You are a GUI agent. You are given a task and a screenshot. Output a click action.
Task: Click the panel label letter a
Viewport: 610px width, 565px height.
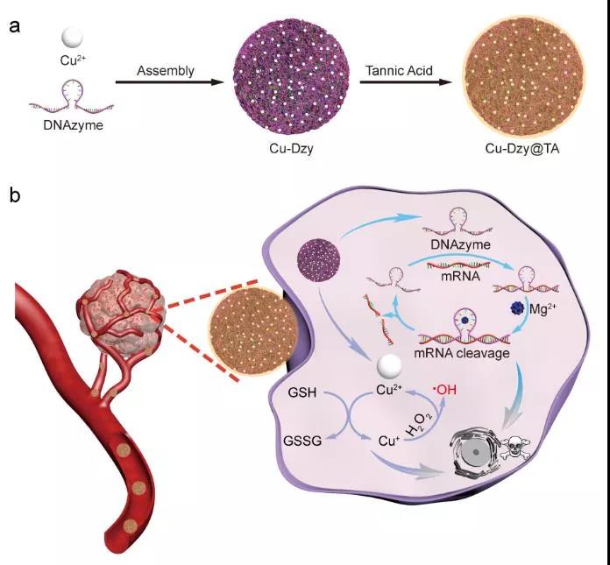(x=14, y=27)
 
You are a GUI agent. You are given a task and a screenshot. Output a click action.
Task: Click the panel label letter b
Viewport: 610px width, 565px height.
(x=15, y=194)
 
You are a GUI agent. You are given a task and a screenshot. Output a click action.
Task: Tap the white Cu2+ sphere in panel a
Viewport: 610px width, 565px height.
(x=72, y=39)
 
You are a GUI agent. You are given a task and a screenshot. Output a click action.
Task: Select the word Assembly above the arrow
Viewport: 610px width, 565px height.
(x=166, y=71)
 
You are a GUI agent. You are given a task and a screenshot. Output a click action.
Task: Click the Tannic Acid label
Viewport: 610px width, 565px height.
(x=399, y=71)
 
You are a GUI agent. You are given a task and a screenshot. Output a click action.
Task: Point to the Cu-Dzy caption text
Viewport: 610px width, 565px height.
(x=291, y=149)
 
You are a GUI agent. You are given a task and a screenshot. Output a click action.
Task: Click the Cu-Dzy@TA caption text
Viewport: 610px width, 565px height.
(x=522, y=149)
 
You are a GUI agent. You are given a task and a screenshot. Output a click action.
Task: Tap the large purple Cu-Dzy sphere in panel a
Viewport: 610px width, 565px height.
(x=291, y=76)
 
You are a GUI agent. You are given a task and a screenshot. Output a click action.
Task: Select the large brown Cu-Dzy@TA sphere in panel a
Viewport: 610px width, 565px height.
(x=524, y=76)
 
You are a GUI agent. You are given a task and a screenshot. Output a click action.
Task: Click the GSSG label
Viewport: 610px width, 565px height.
(x=302, y=441)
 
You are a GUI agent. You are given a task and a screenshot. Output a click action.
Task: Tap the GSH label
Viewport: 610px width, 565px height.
(x=301, y=392)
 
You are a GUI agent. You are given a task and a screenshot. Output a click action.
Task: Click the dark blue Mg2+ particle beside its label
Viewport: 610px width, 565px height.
(x=518, y=308)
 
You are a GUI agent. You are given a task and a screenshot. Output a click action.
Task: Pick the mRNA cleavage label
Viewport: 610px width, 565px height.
(x=461, y=353)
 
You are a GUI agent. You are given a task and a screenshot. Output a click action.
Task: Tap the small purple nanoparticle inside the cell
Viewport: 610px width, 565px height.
(x=319, y=260)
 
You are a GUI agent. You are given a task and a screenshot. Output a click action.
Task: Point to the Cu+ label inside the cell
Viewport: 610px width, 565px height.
(x=389, y=441)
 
